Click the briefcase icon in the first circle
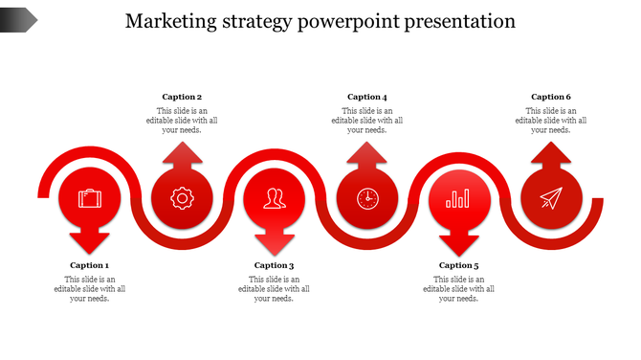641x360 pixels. pyautogui.click(x=90, y=198)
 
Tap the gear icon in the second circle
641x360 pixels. pyautogui.click(x=181, y=198)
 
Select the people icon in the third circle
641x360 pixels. pyautogui.click(x=275, y=198)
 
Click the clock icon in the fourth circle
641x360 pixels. pyautogui.click(x=367, y=198)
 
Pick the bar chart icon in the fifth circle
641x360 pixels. pyautogui.click(x=458, y=198)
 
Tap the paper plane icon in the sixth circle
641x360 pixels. pyautogui.click(x=550, y=198)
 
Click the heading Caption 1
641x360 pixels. pyautogui.click(x=89, y=265)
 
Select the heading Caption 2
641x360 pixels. pyautogui.click(x=182, y=97)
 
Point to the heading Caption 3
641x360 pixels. pyautogui.click(x=274, y=265)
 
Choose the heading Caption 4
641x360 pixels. pyautogui.click(x=367, y=97)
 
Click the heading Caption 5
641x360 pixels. pyautogui.click(x=458, y=265)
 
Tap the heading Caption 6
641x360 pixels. pyautogui.click(x=551, y=97)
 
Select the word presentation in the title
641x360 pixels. pyautogui.click(x=454, y=20)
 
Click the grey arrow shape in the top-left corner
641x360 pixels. pyautogui.click(x=18, y=18)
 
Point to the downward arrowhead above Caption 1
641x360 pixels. pyautogui.click(x=90, y=243)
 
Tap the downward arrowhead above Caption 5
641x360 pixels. pyautogui.click(x=458, y=243)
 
